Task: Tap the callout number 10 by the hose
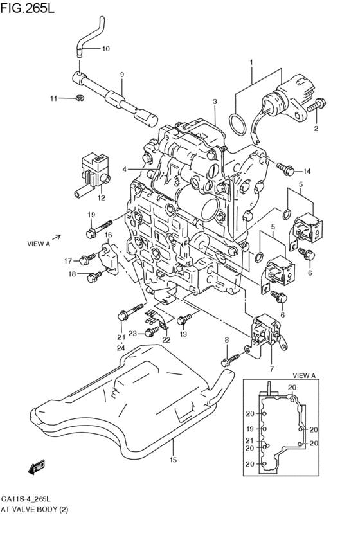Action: tap(106, 49)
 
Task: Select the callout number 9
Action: tap(122, 75)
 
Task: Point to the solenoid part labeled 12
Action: tap(93, 168)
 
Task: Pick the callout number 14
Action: tap(307, 171)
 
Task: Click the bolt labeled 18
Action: tap(94, 275)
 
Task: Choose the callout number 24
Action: tap(120, 348)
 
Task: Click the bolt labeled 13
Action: tap(184, 318)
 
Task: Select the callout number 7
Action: tap(271, 368)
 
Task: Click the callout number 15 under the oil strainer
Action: tap(172, 460)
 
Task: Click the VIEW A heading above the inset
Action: tap(304, 375)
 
